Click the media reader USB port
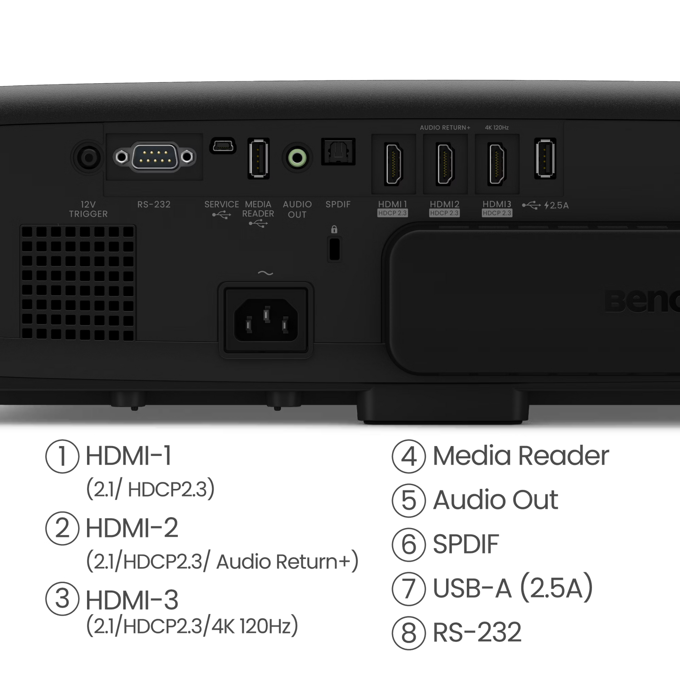click(x=258, y=158)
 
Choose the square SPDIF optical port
click(x=338, y=152)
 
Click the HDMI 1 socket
click(x=393, y=163)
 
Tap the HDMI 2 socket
click(x=445, y=163)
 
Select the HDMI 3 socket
click(x=497, y=163)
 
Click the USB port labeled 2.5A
click(x=545, y=158)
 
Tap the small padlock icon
click(x=334, y=230)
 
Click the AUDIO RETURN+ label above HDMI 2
click(x=445, y=128)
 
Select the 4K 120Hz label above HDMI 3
click(x=496, y=128)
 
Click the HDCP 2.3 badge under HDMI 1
click(x=392, y=213)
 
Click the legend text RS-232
click(x=477, y=632)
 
